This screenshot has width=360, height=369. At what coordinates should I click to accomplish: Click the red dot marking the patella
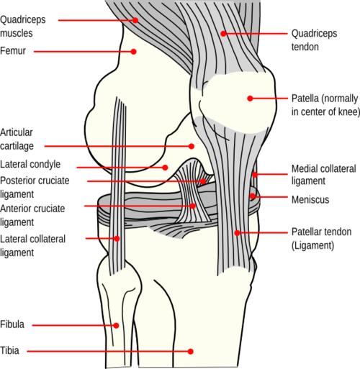[x=250, y=99]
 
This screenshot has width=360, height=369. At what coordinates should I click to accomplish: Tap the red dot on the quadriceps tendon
[x=223, y=34]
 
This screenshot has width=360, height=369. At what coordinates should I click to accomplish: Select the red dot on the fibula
[x=116, y=325]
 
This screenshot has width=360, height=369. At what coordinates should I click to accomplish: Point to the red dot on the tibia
[x=191, y=351]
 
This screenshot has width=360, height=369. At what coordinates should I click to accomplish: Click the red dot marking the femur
[x=134, y=52]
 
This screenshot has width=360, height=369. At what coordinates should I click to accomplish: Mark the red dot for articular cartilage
[x=192, y=146]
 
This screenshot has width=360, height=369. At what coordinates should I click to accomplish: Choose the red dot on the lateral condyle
[x=165, y=168]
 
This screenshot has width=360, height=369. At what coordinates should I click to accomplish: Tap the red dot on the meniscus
[x=252, y=196]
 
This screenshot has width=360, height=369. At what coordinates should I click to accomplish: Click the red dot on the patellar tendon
[x=237, y=232]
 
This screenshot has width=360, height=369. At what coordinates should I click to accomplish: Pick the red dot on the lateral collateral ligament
[x=117, y=238]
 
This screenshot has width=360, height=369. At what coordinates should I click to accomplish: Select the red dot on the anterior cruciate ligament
[x=193, y=206]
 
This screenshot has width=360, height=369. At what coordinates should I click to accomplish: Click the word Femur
[x=13, y=51]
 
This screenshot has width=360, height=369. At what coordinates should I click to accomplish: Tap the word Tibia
[x=9, y=350]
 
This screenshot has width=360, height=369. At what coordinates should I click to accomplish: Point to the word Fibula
[x=12, y=324]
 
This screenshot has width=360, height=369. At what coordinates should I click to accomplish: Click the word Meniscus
[x=310, y=199]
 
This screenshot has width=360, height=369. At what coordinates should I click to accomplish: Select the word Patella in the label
[x=305, y=99]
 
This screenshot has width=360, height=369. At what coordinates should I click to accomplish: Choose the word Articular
[x=17, y=132]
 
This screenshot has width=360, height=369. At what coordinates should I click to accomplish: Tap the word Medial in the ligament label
[x=304, y=169]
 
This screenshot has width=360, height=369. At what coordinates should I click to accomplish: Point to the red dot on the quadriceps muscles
[x=135, y=20]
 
